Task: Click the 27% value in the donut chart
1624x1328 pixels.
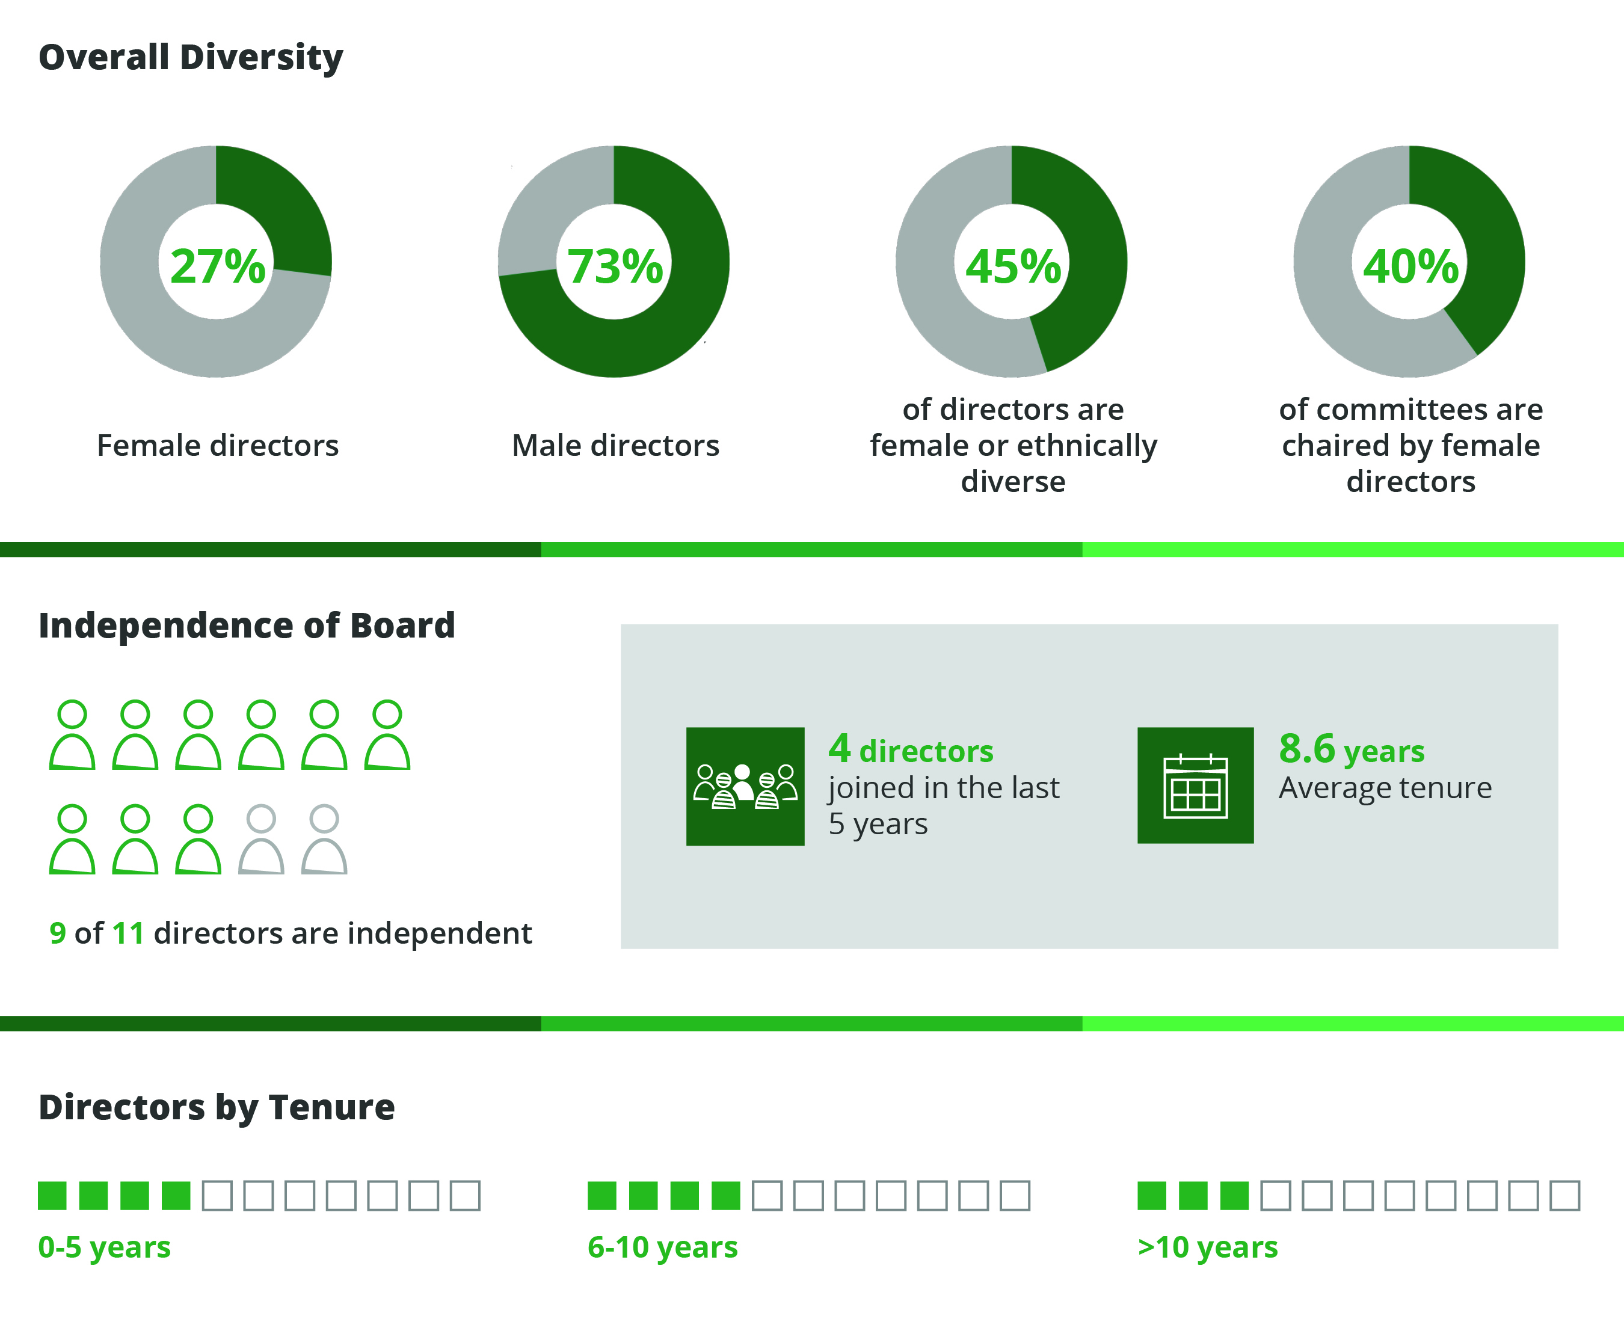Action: (217, 266)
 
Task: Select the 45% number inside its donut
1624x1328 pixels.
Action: (1013, 266)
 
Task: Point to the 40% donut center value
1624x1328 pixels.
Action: (1410, 266)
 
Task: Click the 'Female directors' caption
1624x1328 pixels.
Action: (217, 445)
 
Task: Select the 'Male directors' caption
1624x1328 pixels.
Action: (615, 445)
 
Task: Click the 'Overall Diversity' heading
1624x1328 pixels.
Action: (191, 57)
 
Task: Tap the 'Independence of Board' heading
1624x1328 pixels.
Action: (247, 625)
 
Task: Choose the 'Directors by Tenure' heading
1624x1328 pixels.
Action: (217, 1107)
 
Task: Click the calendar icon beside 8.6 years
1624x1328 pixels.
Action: (1195, 785)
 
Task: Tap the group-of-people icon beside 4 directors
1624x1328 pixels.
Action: (745, 787)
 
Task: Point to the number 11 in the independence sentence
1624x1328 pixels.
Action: (128, 933)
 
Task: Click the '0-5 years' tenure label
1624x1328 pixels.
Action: (104, 1247)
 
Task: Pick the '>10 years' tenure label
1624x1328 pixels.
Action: (1207, 1247)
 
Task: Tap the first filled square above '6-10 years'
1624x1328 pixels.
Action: (602, 1196)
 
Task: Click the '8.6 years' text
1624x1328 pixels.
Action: (1351, 749)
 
